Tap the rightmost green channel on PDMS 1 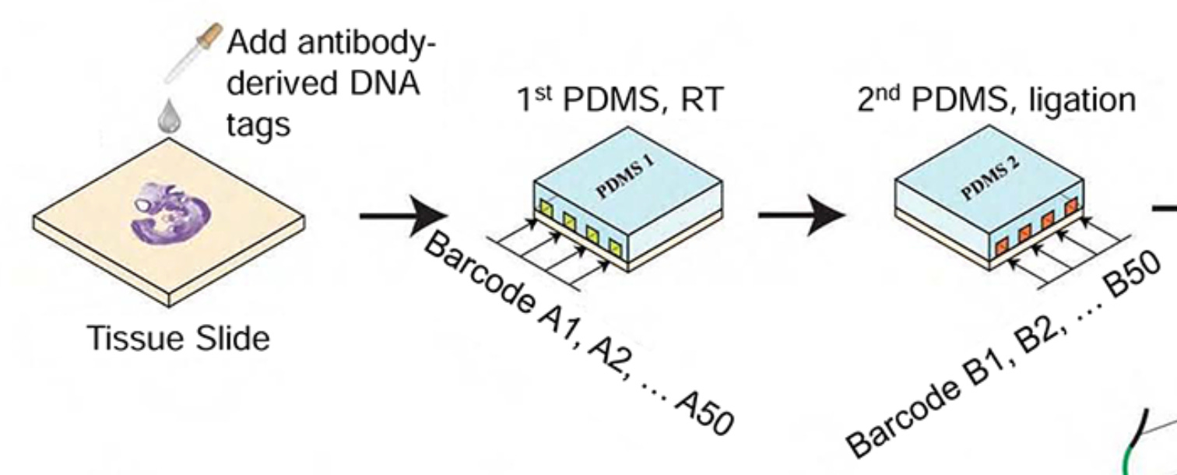(x=617, y=249)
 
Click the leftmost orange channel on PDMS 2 (x=1002, y=247)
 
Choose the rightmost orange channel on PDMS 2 (x=1071, y=206)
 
